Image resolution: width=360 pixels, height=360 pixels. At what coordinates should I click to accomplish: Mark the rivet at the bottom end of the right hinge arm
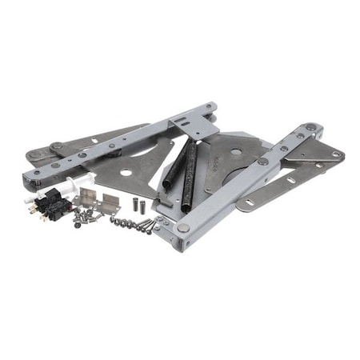pyautogui.click(x=184, y=228)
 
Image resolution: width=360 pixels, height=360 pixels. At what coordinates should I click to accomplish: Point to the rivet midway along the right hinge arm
pyautogui.click(x=262, y=162)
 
